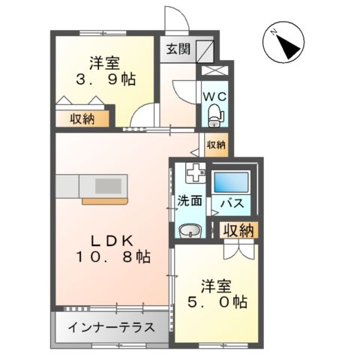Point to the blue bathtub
point(231,184)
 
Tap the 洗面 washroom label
point(190,201)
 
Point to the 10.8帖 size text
point(112,257)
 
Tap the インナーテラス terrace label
point(111,328)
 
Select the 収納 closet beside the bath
point(237,230)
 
